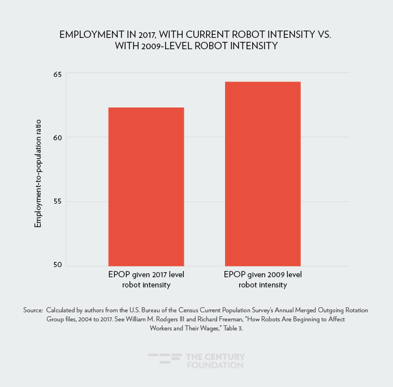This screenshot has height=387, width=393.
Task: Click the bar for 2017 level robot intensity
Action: click(x=146, y=187)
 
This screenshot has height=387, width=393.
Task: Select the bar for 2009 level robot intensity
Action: click(x=262, y=174)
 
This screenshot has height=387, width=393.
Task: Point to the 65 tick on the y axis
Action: click(x=58, y=74)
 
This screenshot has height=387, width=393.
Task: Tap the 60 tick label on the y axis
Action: click(x=58, y=137)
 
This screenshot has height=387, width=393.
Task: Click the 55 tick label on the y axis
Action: click(x=58, y=201)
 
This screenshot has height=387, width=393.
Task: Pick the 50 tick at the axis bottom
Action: click(x=58, y=265)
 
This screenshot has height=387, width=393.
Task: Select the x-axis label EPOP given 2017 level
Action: click(x=146, y=275)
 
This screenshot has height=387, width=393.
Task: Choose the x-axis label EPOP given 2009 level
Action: click(x=263, y=275)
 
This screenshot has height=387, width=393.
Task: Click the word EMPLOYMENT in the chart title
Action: click(x=92, y=35)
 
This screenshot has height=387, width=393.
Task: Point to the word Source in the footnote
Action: click(x=33, y=311)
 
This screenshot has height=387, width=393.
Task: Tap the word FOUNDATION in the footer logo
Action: click(x=215, y=365)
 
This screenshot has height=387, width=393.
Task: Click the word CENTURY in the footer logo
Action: click(x=225, y=357)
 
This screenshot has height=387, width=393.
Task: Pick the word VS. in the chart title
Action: click(x=323, y=35)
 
